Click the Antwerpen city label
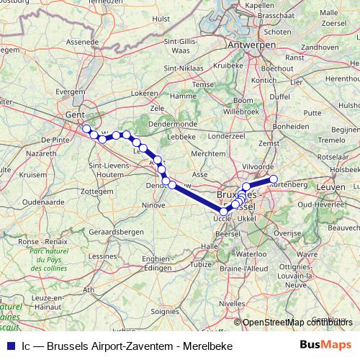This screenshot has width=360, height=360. coord(252,45)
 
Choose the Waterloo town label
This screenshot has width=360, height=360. coord(251,254)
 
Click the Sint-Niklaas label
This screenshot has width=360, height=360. coord(181,68)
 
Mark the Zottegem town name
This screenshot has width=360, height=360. coord(98,192)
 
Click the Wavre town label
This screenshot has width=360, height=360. coord(307,254)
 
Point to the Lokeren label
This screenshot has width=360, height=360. coord(144,94)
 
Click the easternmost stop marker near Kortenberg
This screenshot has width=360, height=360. coord(273,179)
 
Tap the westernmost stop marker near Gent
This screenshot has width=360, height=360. coord(86,129)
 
